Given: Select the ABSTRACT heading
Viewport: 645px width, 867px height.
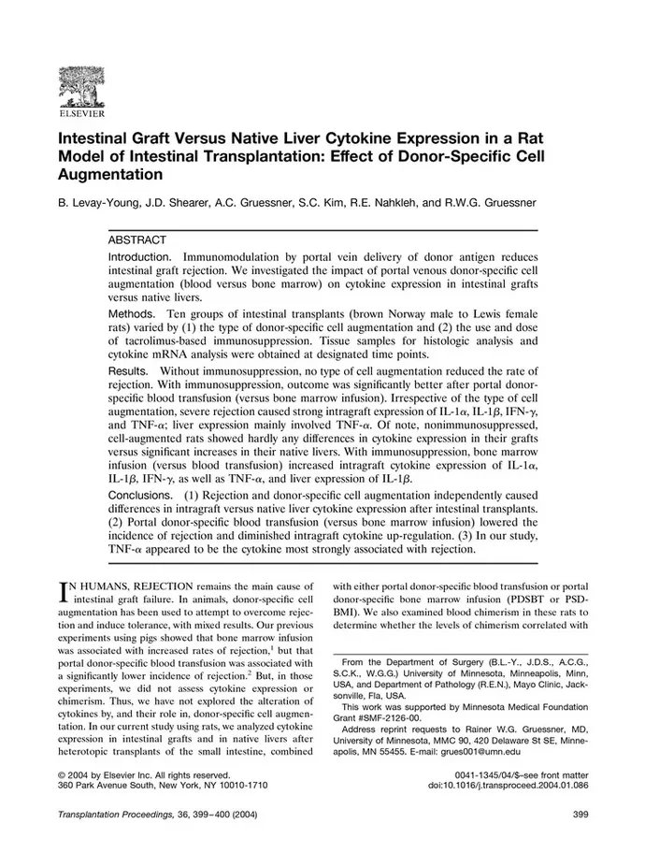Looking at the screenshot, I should pos(138,240).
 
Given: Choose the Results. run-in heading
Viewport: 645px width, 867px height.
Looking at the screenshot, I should pos(133,372).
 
